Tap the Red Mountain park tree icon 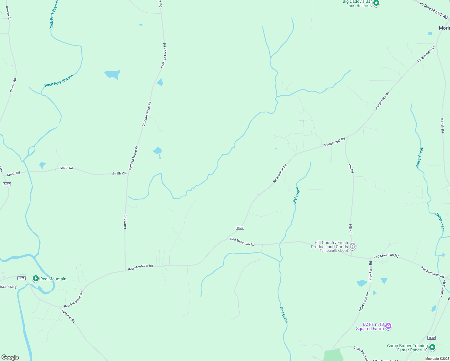36,279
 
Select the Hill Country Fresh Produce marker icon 353,246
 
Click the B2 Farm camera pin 388,326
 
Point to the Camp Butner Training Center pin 432,347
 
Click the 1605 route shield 240,228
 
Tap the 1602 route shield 7,184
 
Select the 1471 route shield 21,278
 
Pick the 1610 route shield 431,338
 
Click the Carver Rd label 125,222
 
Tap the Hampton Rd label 68,316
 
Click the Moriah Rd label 442,125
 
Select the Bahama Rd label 443,288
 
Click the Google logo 10,357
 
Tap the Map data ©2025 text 437,359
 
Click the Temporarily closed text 334,251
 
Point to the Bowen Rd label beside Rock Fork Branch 13,85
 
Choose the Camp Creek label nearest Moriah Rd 420,157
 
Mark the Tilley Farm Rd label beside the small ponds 370,271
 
